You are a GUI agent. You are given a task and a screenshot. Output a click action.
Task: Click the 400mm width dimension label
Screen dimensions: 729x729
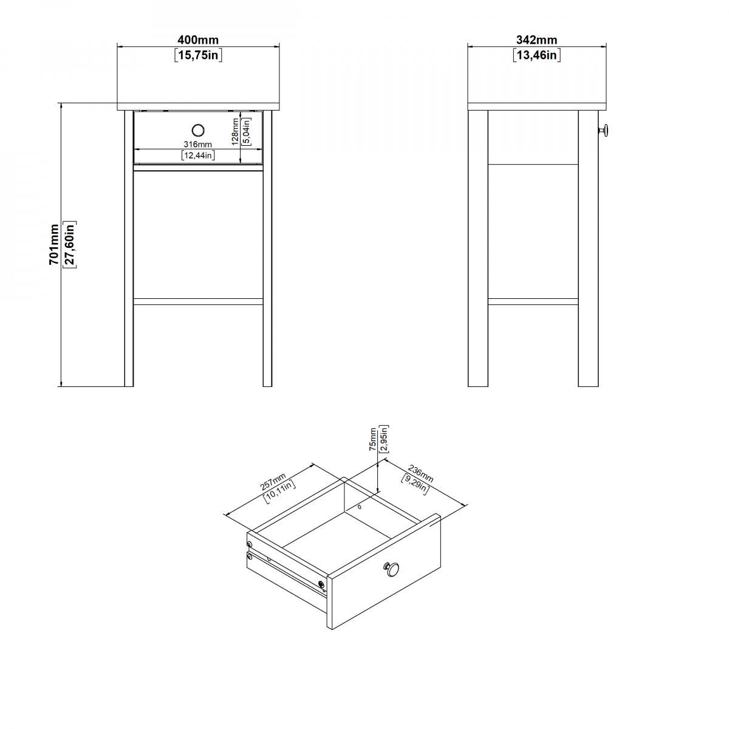coord(198,39)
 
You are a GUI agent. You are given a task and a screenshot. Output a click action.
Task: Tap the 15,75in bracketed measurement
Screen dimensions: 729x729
coord(198,55)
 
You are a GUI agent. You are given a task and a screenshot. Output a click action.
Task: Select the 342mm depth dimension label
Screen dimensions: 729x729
coord(536,39)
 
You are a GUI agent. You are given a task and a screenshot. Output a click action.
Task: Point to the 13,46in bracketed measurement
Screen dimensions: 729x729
coord(536,55)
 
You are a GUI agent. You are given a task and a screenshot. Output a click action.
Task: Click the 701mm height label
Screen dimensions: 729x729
coord(54,244)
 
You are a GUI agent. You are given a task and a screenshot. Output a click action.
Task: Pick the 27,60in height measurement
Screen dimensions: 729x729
coord(70,244)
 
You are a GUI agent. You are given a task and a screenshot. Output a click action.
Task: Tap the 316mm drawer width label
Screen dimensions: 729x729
coord(198,144)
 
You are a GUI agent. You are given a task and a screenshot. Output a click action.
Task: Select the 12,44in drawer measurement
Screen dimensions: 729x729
coord(198,155)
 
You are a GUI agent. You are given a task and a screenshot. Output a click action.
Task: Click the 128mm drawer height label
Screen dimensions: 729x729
coord(235,132)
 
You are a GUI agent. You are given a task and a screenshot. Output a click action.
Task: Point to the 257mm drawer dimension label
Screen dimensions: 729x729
coord(273,483)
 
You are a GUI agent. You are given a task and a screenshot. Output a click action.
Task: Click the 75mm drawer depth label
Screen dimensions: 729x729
coord(373,439)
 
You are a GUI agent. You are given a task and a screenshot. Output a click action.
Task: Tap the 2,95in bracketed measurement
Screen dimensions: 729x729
coord(383,439)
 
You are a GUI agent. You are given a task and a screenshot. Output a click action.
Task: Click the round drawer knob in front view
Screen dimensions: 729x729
coord(198,131)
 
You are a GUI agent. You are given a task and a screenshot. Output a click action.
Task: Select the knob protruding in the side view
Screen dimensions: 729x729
coord(603,131)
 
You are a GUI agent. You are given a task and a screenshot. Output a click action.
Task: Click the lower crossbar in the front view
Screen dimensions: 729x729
coord(198,301)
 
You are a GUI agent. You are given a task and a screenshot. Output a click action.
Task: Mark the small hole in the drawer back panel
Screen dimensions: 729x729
coord(360,507)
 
